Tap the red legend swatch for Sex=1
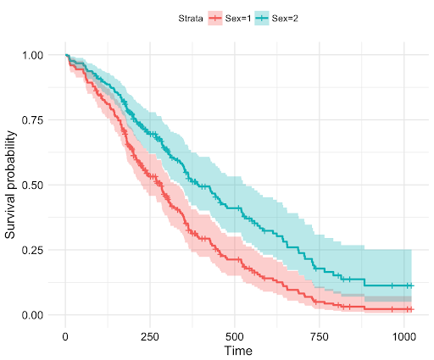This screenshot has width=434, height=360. pos(215,18)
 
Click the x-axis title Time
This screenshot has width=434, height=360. pos(235,349)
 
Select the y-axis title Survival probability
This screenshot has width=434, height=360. pos(11,185)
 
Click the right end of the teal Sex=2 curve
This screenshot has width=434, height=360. pos(411,285)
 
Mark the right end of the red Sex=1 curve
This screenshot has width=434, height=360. pos(411,309)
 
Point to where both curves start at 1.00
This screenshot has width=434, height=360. pos(66,55)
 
